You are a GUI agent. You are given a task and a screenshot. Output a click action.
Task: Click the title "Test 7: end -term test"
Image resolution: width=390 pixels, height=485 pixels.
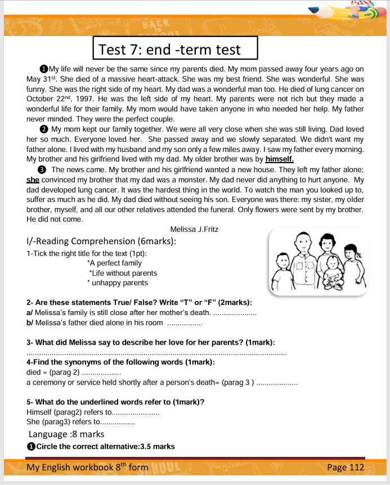pyautogui.click(x=169, y=50)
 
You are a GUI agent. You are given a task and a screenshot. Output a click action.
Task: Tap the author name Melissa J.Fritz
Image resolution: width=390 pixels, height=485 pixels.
pyautogui.click(x=194, y=229)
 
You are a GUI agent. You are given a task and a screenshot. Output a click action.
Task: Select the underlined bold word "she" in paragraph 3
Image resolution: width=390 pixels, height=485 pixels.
pyautogui.click(x=32, y=180)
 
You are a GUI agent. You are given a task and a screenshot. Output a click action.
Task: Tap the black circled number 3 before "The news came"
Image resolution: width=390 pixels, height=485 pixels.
pyautogui.click(x=41, y=170)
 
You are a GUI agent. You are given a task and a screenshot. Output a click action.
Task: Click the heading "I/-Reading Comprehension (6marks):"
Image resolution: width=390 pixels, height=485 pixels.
pyautogui.click(x=101, y=241)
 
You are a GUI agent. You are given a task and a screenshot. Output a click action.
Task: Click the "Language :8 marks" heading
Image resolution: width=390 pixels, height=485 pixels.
pyautogui.click(x=66, y=434)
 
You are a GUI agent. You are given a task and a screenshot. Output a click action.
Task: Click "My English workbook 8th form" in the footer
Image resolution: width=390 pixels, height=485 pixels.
pyautogui.click(x=87, y=468)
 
